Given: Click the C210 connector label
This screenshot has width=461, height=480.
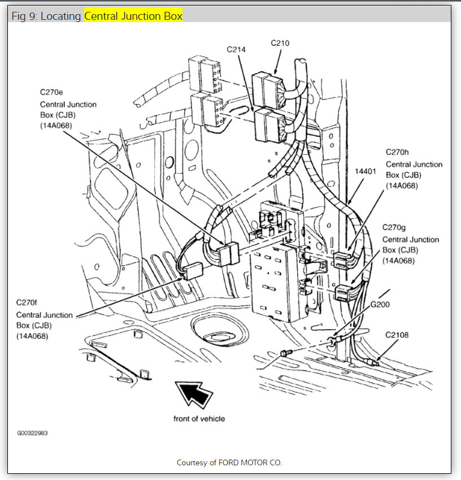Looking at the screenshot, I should pos(281,42).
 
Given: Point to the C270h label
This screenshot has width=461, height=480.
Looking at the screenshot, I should pos(398,152).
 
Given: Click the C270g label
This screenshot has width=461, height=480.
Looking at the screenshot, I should pos(394,227).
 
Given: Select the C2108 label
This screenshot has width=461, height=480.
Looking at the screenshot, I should pos(397,335).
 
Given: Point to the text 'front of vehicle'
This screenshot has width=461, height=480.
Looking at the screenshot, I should pos(199,418).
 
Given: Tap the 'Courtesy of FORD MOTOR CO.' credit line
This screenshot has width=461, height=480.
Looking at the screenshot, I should pos(229,462).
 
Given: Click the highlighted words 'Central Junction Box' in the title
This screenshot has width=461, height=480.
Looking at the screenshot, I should pos(133,16).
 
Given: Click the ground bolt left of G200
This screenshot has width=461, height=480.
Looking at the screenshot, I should pos(285,353).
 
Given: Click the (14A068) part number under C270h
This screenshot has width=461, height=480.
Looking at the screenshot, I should pos(402,185).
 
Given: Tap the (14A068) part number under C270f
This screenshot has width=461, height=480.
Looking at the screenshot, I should pos(32,336).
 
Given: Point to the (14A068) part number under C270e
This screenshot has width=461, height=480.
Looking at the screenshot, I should pos(56,126).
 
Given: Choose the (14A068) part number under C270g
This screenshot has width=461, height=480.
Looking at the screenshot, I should pos(398,261).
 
